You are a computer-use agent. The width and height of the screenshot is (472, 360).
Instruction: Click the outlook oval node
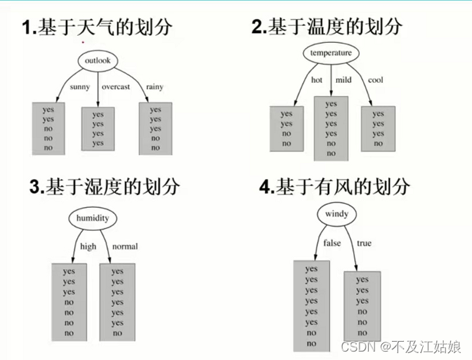coord(98,61)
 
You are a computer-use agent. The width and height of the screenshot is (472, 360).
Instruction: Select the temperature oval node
coord(331,53)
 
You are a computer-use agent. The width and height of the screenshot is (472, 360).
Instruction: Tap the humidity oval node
coord(92,218)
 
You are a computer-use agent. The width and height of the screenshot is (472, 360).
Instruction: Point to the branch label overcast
coord(115,87)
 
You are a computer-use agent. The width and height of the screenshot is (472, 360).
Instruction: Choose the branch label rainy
coord(155,87)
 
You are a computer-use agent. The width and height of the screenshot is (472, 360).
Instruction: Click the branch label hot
coord(317,80)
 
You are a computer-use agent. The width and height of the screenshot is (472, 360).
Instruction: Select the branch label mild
coord(343,80)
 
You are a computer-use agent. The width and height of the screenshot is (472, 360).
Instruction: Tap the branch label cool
coord(376,80)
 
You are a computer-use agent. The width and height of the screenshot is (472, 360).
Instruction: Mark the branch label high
coord(88,246)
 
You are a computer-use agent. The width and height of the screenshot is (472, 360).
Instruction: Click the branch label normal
coord(124,246)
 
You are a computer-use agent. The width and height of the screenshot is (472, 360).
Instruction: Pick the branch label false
coord(332,244)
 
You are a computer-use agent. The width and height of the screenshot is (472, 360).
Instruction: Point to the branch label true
coord(364,244)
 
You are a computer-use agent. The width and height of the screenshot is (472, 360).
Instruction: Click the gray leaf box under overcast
coord(98,128)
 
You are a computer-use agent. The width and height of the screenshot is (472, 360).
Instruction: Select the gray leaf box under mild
coord(331,128)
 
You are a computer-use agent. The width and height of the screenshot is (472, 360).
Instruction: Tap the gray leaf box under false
coord(311,305)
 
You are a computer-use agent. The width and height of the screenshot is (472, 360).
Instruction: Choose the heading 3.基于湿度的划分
coord(105,187)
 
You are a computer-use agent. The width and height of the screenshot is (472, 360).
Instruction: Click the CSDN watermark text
coord(401,347)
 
